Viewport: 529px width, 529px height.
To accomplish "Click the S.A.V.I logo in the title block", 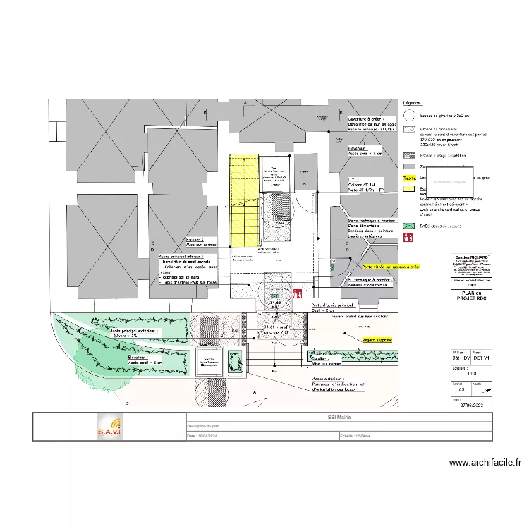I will coord(109,427).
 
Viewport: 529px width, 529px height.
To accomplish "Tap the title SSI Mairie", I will coord(339,418).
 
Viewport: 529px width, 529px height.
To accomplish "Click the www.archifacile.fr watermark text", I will coord(485,463).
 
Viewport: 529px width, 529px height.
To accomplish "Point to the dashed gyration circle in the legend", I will coord(408,116).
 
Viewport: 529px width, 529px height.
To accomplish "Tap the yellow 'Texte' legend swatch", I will coord(409,178).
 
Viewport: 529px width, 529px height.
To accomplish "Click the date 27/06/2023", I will coord(471,406).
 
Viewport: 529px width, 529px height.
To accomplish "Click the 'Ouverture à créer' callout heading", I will coord(366,118).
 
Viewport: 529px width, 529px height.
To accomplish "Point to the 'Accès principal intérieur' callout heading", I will coord(182,257).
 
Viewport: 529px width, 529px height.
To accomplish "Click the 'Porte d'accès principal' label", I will coord(334,305).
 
